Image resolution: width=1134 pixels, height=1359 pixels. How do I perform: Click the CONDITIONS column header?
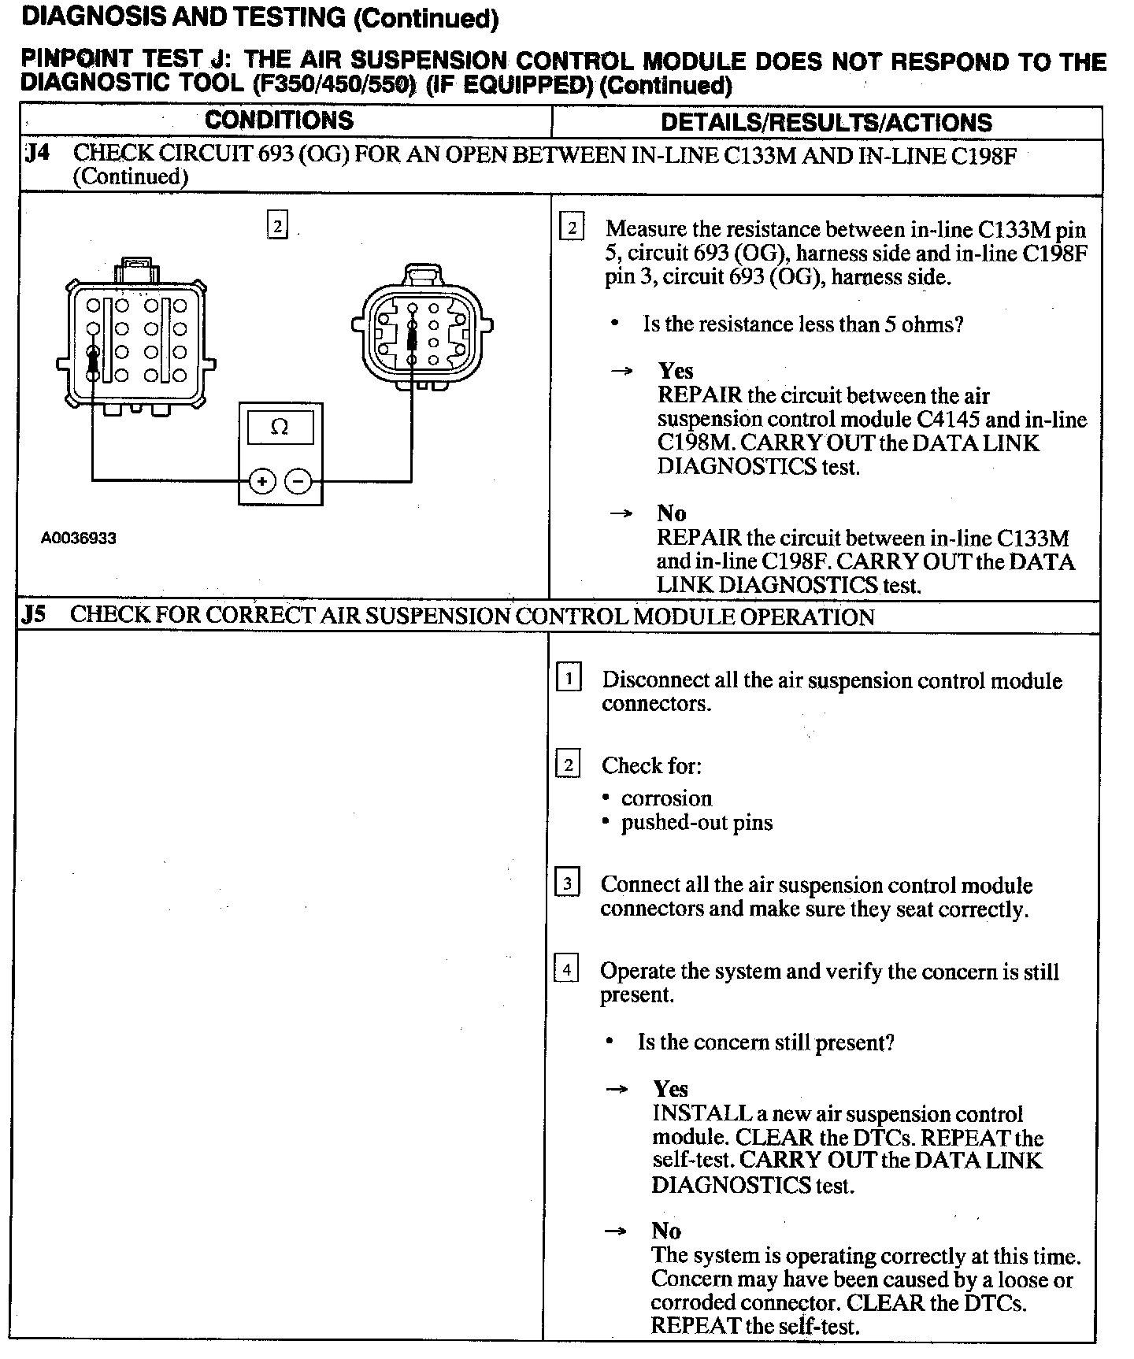click(279, 120)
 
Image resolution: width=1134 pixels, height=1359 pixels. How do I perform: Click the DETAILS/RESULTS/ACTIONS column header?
click(826, 122)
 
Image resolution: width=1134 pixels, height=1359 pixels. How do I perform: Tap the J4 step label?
click(36, 153)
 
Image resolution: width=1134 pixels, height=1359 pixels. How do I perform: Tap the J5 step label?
click(34, 615)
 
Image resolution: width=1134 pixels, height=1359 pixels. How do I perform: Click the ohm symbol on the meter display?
click(279, 428)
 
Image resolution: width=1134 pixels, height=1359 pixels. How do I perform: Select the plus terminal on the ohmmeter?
click(262, 480)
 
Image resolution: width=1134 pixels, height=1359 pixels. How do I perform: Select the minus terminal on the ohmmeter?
click(298, 480)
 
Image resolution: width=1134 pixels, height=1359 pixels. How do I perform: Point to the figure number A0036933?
click(79, 539)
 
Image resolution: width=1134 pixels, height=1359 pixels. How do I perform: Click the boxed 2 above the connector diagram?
click(277, 227)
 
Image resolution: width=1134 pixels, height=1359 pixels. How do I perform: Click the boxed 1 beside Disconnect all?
click(569, 678)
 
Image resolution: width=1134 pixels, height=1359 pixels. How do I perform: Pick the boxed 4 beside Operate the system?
click(567, 968)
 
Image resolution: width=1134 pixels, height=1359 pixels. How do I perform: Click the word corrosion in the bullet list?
click(666, 798)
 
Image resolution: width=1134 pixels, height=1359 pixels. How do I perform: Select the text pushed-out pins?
click(697, 823)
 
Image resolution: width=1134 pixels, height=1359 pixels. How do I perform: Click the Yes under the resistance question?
click(676, 371)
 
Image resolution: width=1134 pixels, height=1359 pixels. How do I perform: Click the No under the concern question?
click(666, 1231)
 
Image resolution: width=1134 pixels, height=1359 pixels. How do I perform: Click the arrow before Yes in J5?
click(617, 1090)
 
